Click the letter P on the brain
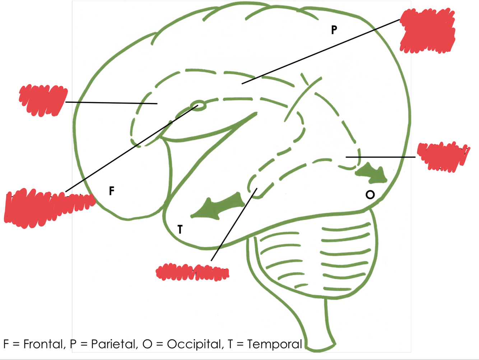coord(334,30)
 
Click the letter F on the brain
coord(112,191)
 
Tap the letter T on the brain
coord(180,229)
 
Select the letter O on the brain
coord(370,195)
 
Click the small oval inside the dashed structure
coord(199,105)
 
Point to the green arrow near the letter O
coord(372,173)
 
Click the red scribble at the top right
coord(427,32)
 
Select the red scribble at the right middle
coord(443,156)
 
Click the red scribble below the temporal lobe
coord(192,272)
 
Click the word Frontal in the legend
coord(43,344)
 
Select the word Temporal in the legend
coord(274,344)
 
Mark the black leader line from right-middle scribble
coord(381,157)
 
